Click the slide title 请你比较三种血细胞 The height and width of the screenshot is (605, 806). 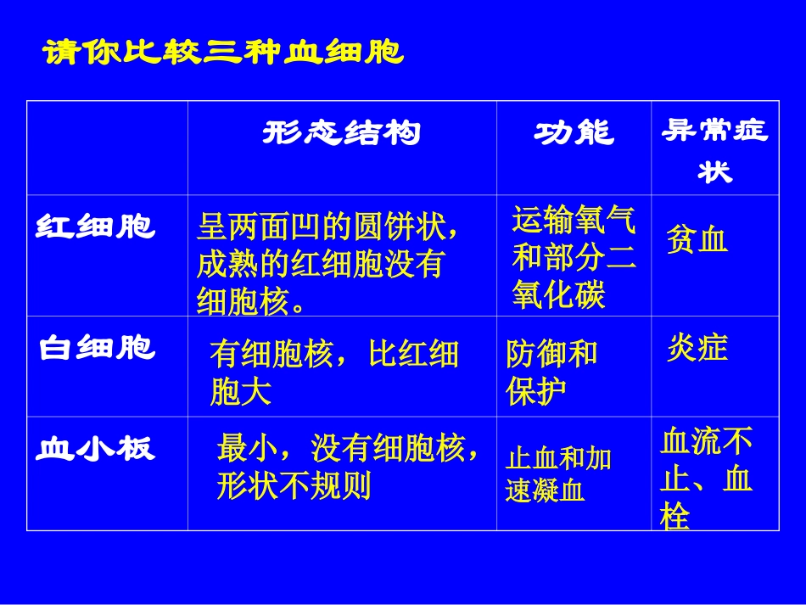click(x=224, y=53)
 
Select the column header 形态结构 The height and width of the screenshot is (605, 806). click(x=341, y=133)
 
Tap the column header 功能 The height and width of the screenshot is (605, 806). click(x=574, y=133)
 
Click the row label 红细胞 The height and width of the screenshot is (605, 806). click(x=95, y=227)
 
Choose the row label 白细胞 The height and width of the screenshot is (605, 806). click(x=97, y=348)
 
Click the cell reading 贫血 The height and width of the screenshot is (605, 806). click(x=697, y=240)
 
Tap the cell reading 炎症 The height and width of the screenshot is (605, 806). click(x=697, y=348)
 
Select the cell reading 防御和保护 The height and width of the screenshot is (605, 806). click(x=551, y=373)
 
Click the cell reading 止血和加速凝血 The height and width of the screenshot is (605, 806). click(x=557, y=474)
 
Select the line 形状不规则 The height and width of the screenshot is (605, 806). click(x=294, y=486)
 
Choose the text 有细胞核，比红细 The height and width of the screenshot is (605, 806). click(x=334, y=354)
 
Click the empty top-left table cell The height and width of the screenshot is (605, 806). click(x=107, y=148)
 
